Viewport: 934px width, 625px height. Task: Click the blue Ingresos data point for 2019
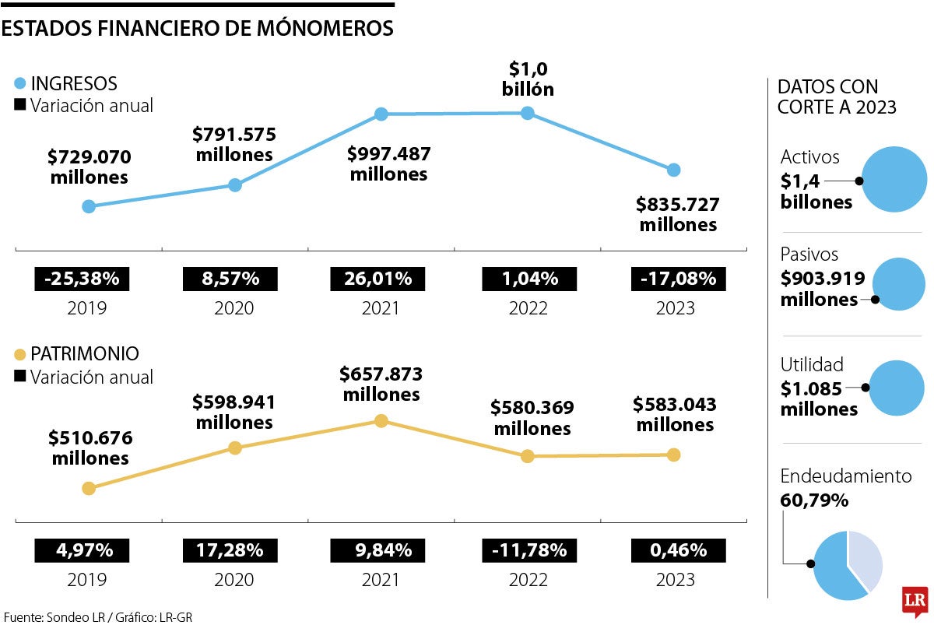click(x=89, y=206)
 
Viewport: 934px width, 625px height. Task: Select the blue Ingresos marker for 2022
click(x=527, y=113)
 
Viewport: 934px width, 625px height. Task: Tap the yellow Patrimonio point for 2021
click(x=381, y=420)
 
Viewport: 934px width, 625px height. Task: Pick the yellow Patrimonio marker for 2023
click(x=673, y=455)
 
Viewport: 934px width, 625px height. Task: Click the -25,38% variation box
click(x=82, y=278)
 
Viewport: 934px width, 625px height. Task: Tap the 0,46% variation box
click(x=675, y=550)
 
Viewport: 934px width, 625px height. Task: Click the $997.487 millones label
click(x=388, y=163)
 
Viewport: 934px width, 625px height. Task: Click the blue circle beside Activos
click(x=894, y=181)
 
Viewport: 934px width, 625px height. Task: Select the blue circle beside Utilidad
click(x=897, y=387)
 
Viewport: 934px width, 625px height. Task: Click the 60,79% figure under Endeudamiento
click(x=813, y=500)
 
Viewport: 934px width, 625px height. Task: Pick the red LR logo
click(x=915, y=600)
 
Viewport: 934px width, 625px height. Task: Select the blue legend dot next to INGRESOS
click(x=20, y=83)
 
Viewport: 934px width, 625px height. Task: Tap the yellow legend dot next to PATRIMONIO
click(x=20, y=354)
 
